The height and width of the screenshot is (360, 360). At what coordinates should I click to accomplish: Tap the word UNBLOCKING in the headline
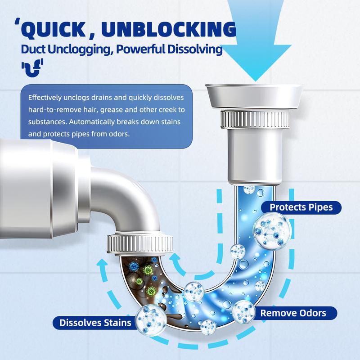tap(169, 30)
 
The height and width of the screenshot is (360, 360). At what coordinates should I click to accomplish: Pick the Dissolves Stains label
tap(95, 322)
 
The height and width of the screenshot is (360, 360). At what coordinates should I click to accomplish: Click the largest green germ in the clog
tap(147, 270)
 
